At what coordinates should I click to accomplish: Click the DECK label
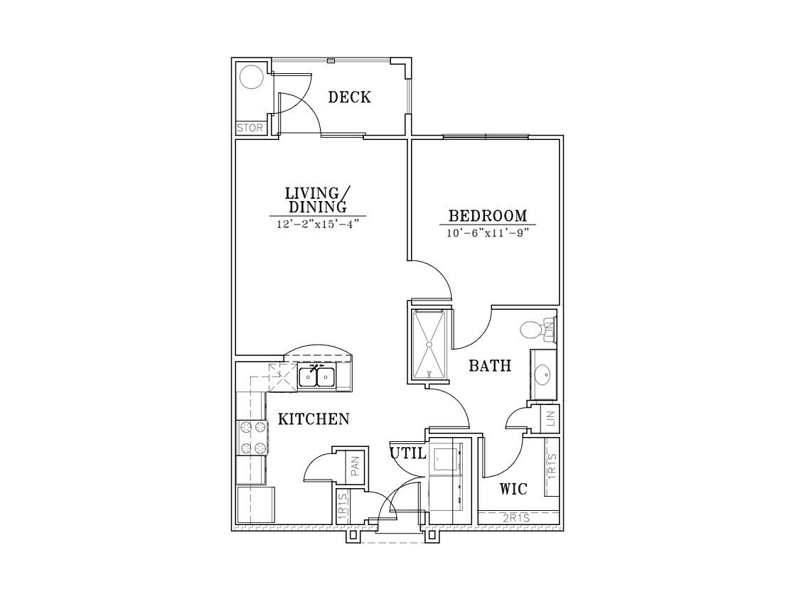tap(349, 97)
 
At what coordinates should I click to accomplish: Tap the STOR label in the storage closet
tap(250, 128)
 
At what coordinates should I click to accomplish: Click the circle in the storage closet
tap(251, 77)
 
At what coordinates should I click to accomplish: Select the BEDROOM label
tap(488, 216)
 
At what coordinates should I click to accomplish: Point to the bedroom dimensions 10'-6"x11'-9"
tap(488, 233)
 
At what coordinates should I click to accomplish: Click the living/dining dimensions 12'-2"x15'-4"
tap(318, 224)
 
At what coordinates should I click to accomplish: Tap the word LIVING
tap(312, 193)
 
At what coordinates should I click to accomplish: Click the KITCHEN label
tap(314, 419)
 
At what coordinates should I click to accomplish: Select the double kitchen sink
tap(317, 377)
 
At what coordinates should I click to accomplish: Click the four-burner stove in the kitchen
tap(252, 438)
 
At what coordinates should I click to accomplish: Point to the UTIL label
tap(408, 453)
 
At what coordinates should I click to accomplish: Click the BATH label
tap(490, 366)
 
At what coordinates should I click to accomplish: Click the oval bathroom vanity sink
tap(543, 373)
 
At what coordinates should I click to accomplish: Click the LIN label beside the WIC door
tap(552, 419)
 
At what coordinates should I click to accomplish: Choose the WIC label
tap(513, 488)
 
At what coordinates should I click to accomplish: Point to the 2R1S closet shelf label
tap(517, 519)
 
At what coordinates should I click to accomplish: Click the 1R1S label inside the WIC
tap(552, 465)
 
